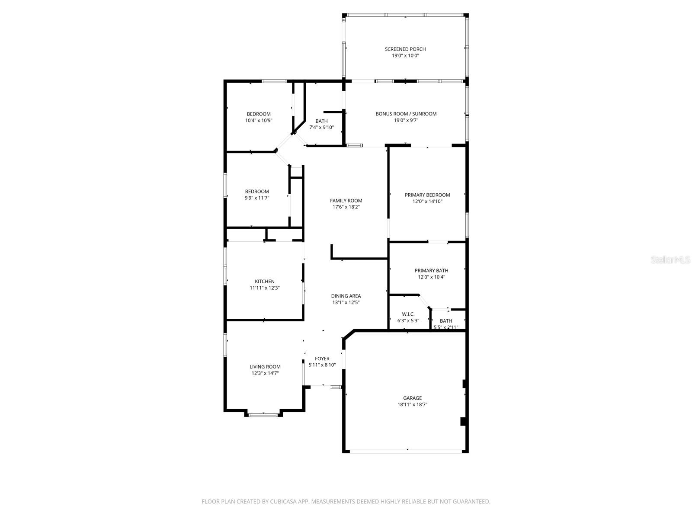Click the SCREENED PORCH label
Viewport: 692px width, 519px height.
click(x=405, y=49)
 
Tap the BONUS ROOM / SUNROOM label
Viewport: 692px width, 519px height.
click(x=406, y=114)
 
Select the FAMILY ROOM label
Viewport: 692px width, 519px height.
click(x=346, y=201)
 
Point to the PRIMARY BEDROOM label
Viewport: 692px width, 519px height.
click(x=427, y=195)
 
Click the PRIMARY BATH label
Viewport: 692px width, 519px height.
click(x=431, y=271)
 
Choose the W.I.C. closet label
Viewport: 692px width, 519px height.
click(x=408, y=314)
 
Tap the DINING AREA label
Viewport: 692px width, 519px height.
click(x=346, y=296)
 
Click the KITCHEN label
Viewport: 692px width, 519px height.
click(x=265, y=282)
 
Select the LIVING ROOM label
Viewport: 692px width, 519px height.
click(x=265, y=367)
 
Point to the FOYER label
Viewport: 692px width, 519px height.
click(x=322, y=359)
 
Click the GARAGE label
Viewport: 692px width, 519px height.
click(x=412, y=398)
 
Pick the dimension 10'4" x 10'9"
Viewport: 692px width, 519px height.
click(x=259, y=120)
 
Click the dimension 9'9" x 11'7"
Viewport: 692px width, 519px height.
click(x=257, y=198)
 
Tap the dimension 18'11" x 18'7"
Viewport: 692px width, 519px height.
click(x=412, y=405)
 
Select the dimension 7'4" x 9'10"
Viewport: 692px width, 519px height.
click(x=321, y=128)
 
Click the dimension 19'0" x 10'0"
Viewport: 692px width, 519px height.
click(x=405, y=56)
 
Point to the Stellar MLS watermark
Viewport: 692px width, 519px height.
click(x=670, y=260)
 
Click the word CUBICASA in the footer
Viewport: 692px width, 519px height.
click(x=283, y=501)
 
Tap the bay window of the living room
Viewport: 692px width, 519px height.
click(x=263, y=415)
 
